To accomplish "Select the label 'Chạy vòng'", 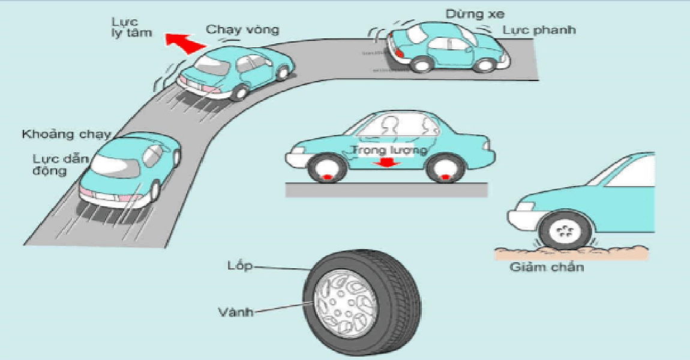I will pos(242,29).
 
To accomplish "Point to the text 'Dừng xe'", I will pos(466,13).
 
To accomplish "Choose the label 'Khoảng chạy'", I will pos(67,134).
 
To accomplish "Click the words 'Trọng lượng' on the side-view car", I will pos(389,149).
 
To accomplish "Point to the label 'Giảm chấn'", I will pos(547,267).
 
